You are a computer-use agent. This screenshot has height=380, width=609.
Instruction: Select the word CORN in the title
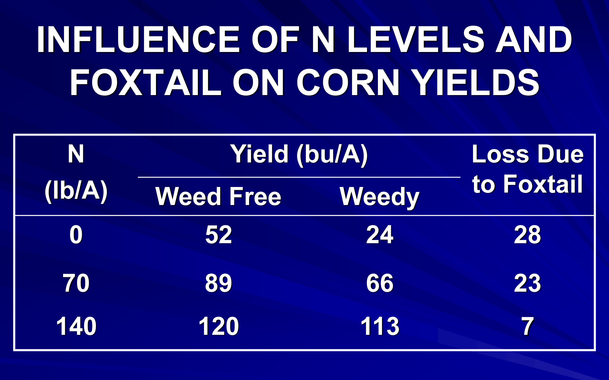tap(348, 82)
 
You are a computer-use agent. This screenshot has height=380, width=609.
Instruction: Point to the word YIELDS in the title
tap(477, 82)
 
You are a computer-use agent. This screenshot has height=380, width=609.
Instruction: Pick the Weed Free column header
tap(218, 196)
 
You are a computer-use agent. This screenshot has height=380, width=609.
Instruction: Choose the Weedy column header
tap(380, 197)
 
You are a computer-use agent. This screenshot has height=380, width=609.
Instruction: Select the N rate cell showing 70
tap(76, 283)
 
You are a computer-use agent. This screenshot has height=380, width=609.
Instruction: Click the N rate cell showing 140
tap(76, 326)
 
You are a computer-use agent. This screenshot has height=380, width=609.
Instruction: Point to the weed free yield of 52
tap(218, 235)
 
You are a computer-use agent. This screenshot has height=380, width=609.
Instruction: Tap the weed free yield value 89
tap(218, 283)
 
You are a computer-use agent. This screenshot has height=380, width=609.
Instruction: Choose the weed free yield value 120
tap(219, 326)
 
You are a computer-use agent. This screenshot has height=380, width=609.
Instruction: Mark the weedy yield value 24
tap(380, 235)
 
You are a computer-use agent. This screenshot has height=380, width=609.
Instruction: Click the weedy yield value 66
tap(380, 283)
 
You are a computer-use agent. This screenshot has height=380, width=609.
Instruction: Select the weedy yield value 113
tap(380, 326)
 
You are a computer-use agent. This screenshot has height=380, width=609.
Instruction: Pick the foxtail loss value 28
tap(528, 235)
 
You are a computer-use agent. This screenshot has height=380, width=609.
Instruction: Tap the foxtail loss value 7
tap(528, 326)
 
